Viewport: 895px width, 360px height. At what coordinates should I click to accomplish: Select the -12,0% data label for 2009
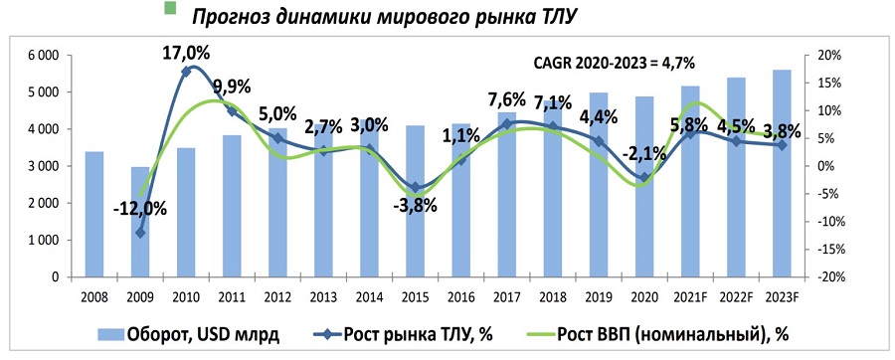(140, 209)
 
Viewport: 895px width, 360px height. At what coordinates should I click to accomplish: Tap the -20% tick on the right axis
(828, 277)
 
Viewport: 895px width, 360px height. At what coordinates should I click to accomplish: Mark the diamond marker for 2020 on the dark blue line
(643, 178)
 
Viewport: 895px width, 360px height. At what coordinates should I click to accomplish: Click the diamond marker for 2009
(140, 233)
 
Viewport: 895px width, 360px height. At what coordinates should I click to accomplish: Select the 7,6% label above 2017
(509, 99)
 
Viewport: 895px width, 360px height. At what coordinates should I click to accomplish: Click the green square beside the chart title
(169, 8)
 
